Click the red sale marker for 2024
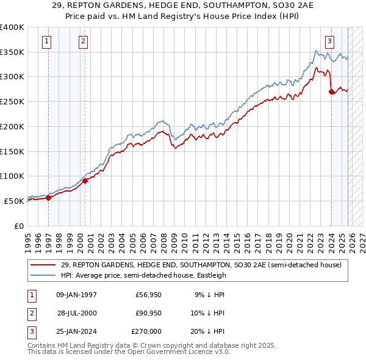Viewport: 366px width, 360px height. pyautogui.click(x=331, y=92)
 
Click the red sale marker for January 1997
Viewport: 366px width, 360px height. pyautogui.click(x=48, y=197)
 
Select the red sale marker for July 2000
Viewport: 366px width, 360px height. pyautogui.click(x=85, y=181)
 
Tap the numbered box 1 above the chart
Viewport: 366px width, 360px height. pyautogui.click(x=48, y=41)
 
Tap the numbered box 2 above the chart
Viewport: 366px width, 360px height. pyautogui.click(x=83, y=41)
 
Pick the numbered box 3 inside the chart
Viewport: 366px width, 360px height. pyautogui.click(x=330, y=41)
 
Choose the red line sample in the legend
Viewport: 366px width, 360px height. pyautogui.click(x=43, y=265)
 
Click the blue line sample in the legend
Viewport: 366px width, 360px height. pyautogui.click(x=43, y=275)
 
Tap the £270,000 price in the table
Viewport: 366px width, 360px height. pyautogui.click(x=146, y=331)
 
